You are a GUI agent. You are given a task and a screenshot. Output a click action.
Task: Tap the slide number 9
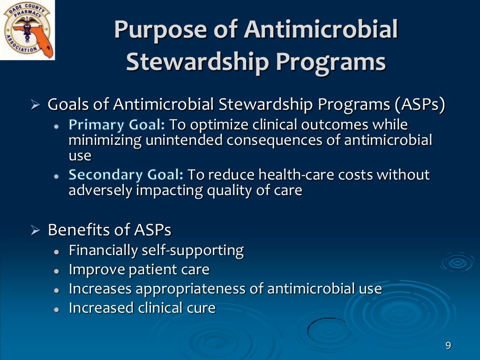[x=448, y=346]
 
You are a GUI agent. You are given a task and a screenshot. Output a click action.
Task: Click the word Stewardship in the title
[x=198, y=62]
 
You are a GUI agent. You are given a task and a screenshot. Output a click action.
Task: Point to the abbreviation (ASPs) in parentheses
[x=419, y=105]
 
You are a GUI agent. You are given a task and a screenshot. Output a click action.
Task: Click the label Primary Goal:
[x=117, y=125]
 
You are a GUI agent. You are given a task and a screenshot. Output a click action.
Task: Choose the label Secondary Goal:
[x=126, y=175]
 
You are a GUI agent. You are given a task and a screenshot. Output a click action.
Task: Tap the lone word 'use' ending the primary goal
[x=80, y=155]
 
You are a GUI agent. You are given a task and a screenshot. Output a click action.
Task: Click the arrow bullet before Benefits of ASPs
[x=36, y=230]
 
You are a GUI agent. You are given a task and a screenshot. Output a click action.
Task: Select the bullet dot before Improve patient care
[x=57, y=271]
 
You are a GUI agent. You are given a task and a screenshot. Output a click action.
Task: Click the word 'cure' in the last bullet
[x=200, y=308]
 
